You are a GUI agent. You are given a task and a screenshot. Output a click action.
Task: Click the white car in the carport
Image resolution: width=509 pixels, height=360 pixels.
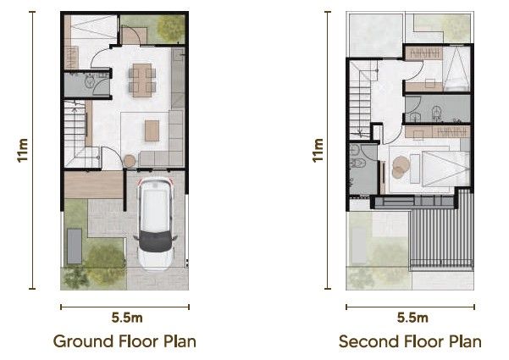pyautogui.click(x=155, y=224)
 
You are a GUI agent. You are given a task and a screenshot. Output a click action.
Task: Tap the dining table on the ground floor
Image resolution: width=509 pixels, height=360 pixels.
pyautogui.click(x=141, y=80)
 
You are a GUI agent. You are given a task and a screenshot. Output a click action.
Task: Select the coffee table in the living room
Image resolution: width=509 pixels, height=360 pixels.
pyautogui.click(x=152, y=130)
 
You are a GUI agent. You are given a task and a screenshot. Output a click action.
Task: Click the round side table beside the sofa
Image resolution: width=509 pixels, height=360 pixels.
pyautogui.click(x=130, y=161)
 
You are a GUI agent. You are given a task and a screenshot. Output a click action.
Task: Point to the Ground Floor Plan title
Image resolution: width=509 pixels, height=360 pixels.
pyautogui.click(x=124, y=341)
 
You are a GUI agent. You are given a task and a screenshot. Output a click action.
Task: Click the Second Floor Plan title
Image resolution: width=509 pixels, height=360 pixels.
pyautogui.click(x=410, y=341)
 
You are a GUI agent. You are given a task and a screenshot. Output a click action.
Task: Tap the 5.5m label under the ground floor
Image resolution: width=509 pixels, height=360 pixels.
pyautogui.click(x=127, y=318)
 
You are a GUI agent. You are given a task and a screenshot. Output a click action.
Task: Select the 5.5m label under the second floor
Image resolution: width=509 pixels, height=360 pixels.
pyautogui.click(x=412, y=318)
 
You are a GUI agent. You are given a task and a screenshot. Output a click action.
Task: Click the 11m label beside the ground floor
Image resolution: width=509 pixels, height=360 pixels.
pyautogui.click(x=23, y=150)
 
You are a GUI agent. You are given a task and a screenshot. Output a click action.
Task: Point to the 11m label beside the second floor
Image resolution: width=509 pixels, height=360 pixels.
pyautogui.click(x=318, y=150)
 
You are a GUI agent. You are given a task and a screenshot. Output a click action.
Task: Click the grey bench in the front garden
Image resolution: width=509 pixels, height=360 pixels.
pyautogui.click(x=75, y=246)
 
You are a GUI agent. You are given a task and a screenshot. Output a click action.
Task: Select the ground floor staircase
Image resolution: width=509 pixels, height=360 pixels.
pyautogui.click(x=78, y=134)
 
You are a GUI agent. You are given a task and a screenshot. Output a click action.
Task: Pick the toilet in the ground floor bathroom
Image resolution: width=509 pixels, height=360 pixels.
pyautogui.click(x=89, y=81)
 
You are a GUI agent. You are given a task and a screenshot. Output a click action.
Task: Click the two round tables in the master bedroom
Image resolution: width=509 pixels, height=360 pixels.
pyautogui.click(x=401, y=167)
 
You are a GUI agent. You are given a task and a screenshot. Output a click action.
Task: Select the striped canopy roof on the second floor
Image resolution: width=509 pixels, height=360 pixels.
pyautogui.click(x=442, y=233)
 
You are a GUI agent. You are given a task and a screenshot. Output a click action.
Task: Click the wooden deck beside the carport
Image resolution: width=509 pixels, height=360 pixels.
pyautogui.click(x=94, y=185)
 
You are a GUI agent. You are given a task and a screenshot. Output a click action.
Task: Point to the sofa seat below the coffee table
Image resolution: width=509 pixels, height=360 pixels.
pyautogui.click(x=154, y=158)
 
